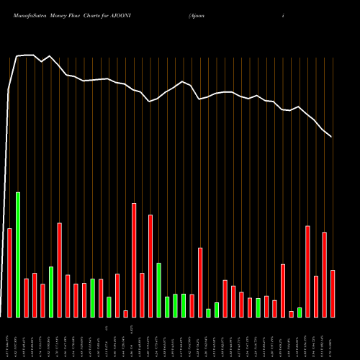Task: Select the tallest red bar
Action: click(x=134, y=260)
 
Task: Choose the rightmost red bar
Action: click(x=333, y=293)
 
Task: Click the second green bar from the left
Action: click(x=51, y=292)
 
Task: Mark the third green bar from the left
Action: click(x=93, y=297)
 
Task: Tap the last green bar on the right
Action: click(x=300, y=312)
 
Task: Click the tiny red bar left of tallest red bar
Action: click(x=125, y=313)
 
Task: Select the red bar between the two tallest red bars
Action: click(x=142, y=294)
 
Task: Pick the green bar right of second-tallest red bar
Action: click(x=159, y=289)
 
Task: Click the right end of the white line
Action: click(x=331, y=136)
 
